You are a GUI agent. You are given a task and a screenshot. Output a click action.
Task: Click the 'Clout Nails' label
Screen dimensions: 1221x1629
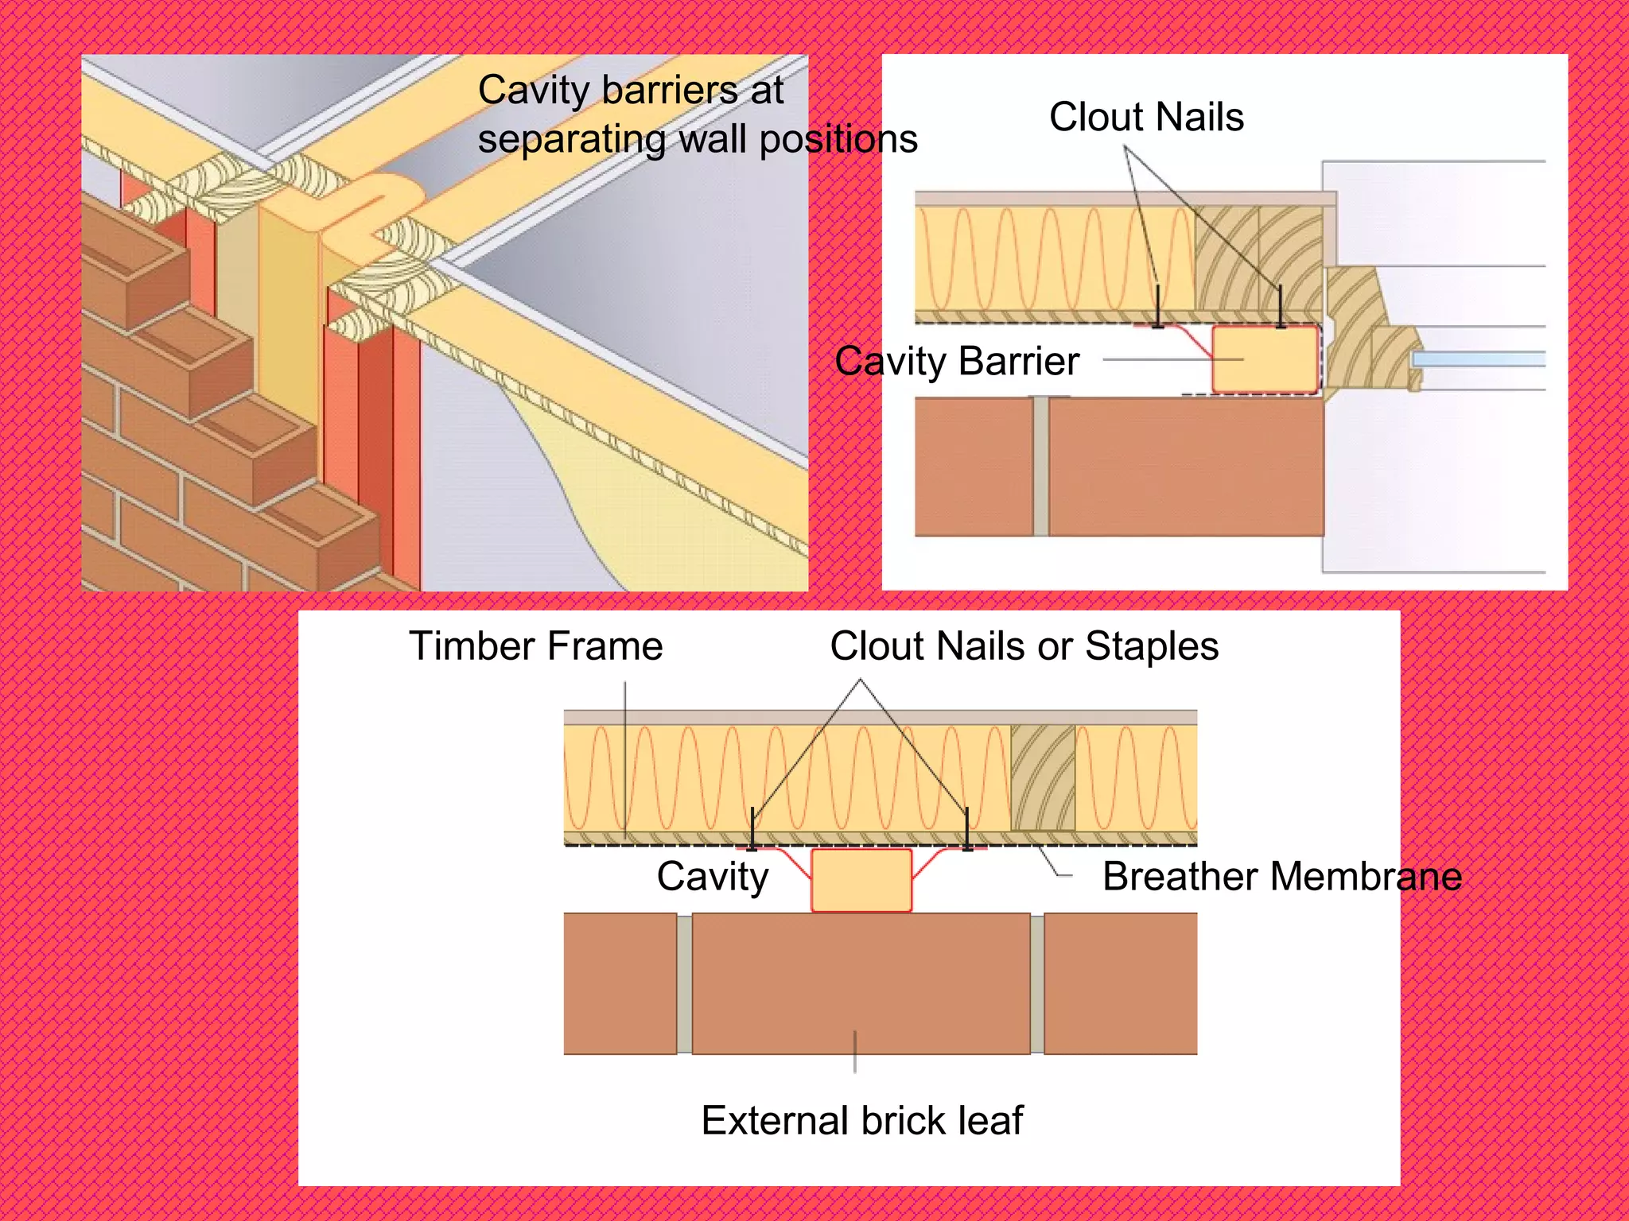coord(1145,118)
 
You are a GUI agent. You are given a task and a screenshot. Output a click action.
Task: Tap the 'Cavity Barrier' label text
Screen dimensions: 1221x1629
coord(957,362)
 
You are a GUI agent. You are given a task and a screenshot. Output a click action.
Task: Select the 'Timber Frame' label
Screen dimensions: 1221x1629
coord(535,645)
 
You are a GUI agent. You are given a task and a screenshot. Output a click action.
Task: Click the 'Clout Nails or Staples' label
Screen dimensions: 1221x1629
coord(1024,645)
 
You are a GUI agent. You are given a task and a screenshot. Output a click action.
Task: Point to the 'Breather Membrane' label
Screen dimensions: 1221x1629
coord(1281,877)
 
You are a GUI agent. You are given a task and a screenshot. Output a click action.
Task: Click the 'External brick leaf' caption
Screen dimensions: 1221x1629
coord(861,1121)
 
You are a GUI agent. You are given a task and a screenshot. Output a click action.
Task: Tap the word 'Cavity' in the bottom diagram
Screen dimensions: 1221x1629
coord(712,877)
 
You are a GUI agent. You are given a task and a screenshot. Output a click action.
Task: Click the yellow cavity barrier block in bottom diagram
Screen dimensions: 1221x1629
coord(861,880)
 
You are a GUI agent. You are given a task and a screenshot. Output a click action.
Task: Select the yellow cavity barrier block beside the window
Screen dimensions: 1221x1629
coord(1265,360)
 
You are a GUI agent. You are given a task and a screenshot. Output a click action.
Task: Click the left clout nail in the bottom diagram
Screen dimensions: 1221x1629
coord(752,829)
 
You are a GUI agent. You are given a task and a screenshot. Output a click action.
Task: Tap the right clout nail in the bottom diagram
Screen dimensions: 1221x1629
coord(967,829)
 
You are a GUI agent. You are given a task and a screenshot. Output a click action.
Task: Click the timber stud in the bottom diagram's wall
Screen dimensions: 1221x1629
coord(1043,777)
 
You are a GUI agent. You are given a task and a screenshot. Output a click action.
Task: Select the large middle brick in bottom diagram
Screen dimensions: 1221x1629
coord(861,983)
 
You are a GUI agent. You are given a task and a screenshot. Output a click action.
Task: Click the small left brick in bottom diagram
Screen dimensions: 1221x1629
coord(620,983)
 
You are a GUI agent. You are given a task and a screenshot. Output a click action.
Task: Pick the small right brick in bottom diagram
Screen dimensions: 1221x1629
coord(1120,983)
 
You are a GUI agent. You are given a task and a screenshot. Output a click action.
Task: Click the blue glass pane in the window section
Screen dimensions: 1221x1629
coord(1478,360)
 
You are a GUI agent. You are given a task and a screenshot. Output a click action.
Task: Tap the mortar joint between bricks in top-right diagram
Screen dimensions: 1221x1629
coord(1040,467)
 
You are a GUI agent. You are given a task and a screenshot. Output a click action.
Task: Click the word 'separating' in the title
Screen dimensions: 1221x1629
coord(571,140)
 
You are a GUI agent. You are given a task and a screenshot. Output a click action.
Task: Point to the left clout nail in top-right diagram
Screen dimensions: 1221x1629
coord(1158,307)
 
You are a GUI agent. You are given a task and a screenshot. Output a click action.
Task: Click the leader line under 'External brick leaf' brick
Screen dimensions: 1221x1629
coord(855,1052)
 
